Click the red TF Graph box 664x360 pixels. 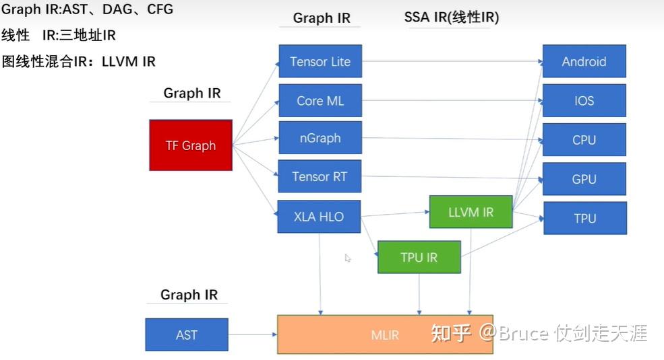point(190,145)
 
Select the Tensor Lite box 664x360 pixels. point(320,61)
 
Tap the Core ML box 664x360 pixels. point(320,100)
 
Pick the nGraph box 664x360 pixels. point(320,138)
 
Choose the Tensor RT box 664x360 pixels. point(320,177)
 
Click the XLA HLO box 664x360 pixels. point(319,217)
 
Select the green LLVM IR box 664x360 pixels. point(471,212)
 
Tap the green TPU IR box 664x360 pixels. point(419,257)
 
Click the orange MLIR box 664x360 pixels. point(385,334)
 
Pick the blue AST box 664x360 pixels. point(187,334)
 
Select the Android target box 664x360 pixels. point(584,61)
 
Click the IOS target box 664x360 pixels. point(584,100)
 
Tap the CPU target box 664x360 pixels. point(584,140)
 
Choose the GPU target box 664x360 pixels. point(584,179)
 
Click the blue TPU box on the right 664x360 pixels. point(584,218)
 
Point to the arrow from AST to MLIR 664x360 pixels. point(253,334)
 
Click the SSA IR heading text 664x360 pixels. point(452,17)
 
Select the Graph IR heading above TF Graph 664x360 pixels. point(191,93)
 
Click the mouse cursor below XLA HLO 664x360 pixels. point(348,258)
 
